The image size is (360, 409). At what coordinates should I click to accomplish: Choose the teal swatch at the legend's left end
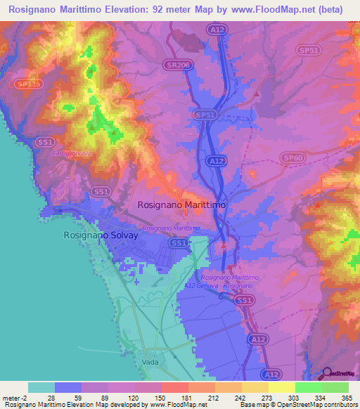pyautogui.click(x=41, y=387)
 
